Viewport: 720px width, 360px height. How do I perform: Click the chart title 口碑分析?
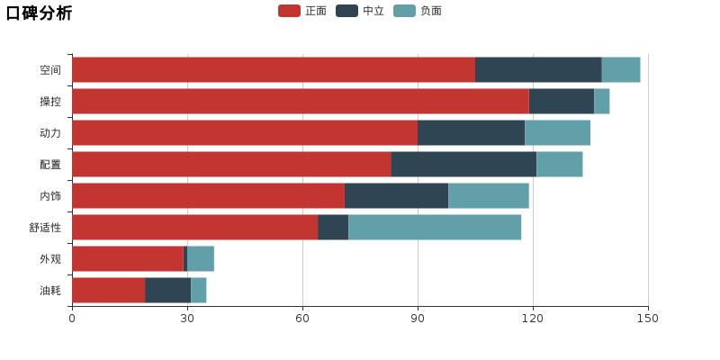tap(39, 13)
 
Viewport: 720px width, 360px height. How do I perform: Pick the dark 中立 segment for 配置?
tap(463, 165)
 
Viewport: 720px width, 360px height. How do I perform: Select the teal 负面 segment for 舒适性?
tap(435, 228)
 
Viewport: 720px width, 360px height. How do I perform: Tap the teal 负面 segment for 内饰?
tap(489, 196)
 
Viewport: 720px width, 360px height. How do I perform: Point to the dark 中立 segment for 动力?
tap(471, 133)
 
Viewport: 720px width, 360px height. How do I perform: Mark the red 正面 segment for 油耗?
tap(108, 291)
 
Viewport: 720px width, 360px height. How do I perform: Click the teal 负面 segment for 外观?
tap(201, 259)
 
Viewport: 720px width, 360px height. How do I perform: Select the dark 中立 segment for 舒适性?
tap(333, 228)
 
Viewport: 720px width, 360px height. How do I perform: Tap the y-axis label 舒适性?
tap(45, 228)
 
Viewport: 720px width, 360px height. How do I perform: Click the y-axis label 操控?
tap(50, 102)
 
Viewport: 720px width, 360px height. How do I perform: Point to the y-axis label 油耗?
tap(50, 291)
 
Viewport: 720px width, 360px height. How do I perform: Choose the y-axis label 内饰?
tap(50, 196)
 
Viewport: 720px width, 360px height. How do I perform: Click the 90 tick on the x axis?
tap(418, 319)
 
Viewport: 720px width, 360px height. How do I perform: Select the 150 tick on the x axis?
tap(648, 319)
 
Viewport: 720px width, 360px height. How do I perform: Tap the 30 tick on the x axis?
tap(187, 319)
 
